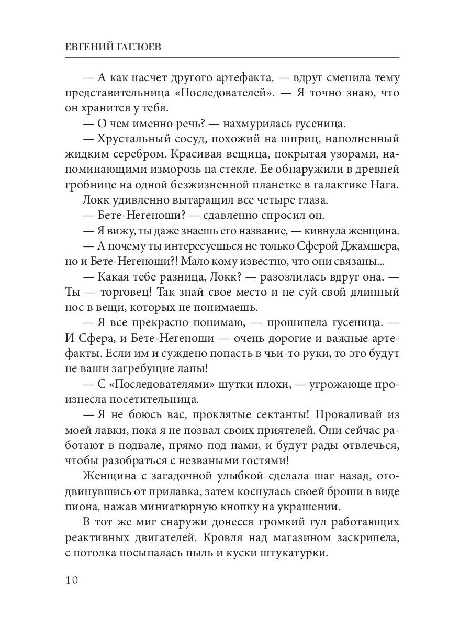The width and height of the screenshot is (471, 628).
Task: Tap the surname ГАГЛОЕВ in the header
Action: (143, 47)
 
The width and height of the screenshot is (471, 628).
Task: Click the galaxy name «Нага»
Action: (387, 186)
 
